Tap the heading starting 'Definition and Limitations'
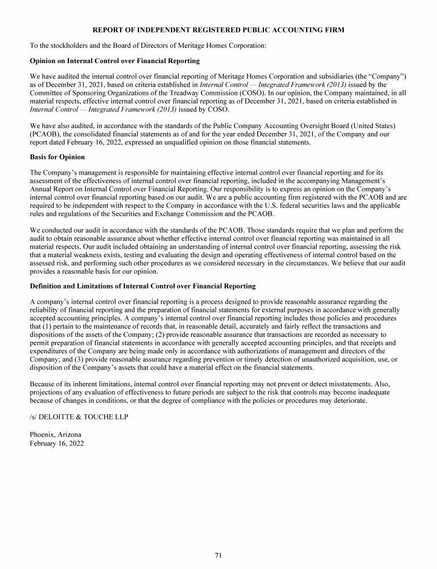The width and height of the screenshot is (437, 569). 142,286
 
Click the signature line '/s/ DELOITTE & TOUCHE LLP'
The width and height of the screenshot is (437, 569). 79,417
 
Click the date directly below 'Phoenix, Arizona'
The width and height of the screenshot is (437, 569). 56,443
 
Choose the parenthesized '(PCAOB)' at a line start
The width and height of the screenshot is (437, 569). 45,133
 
